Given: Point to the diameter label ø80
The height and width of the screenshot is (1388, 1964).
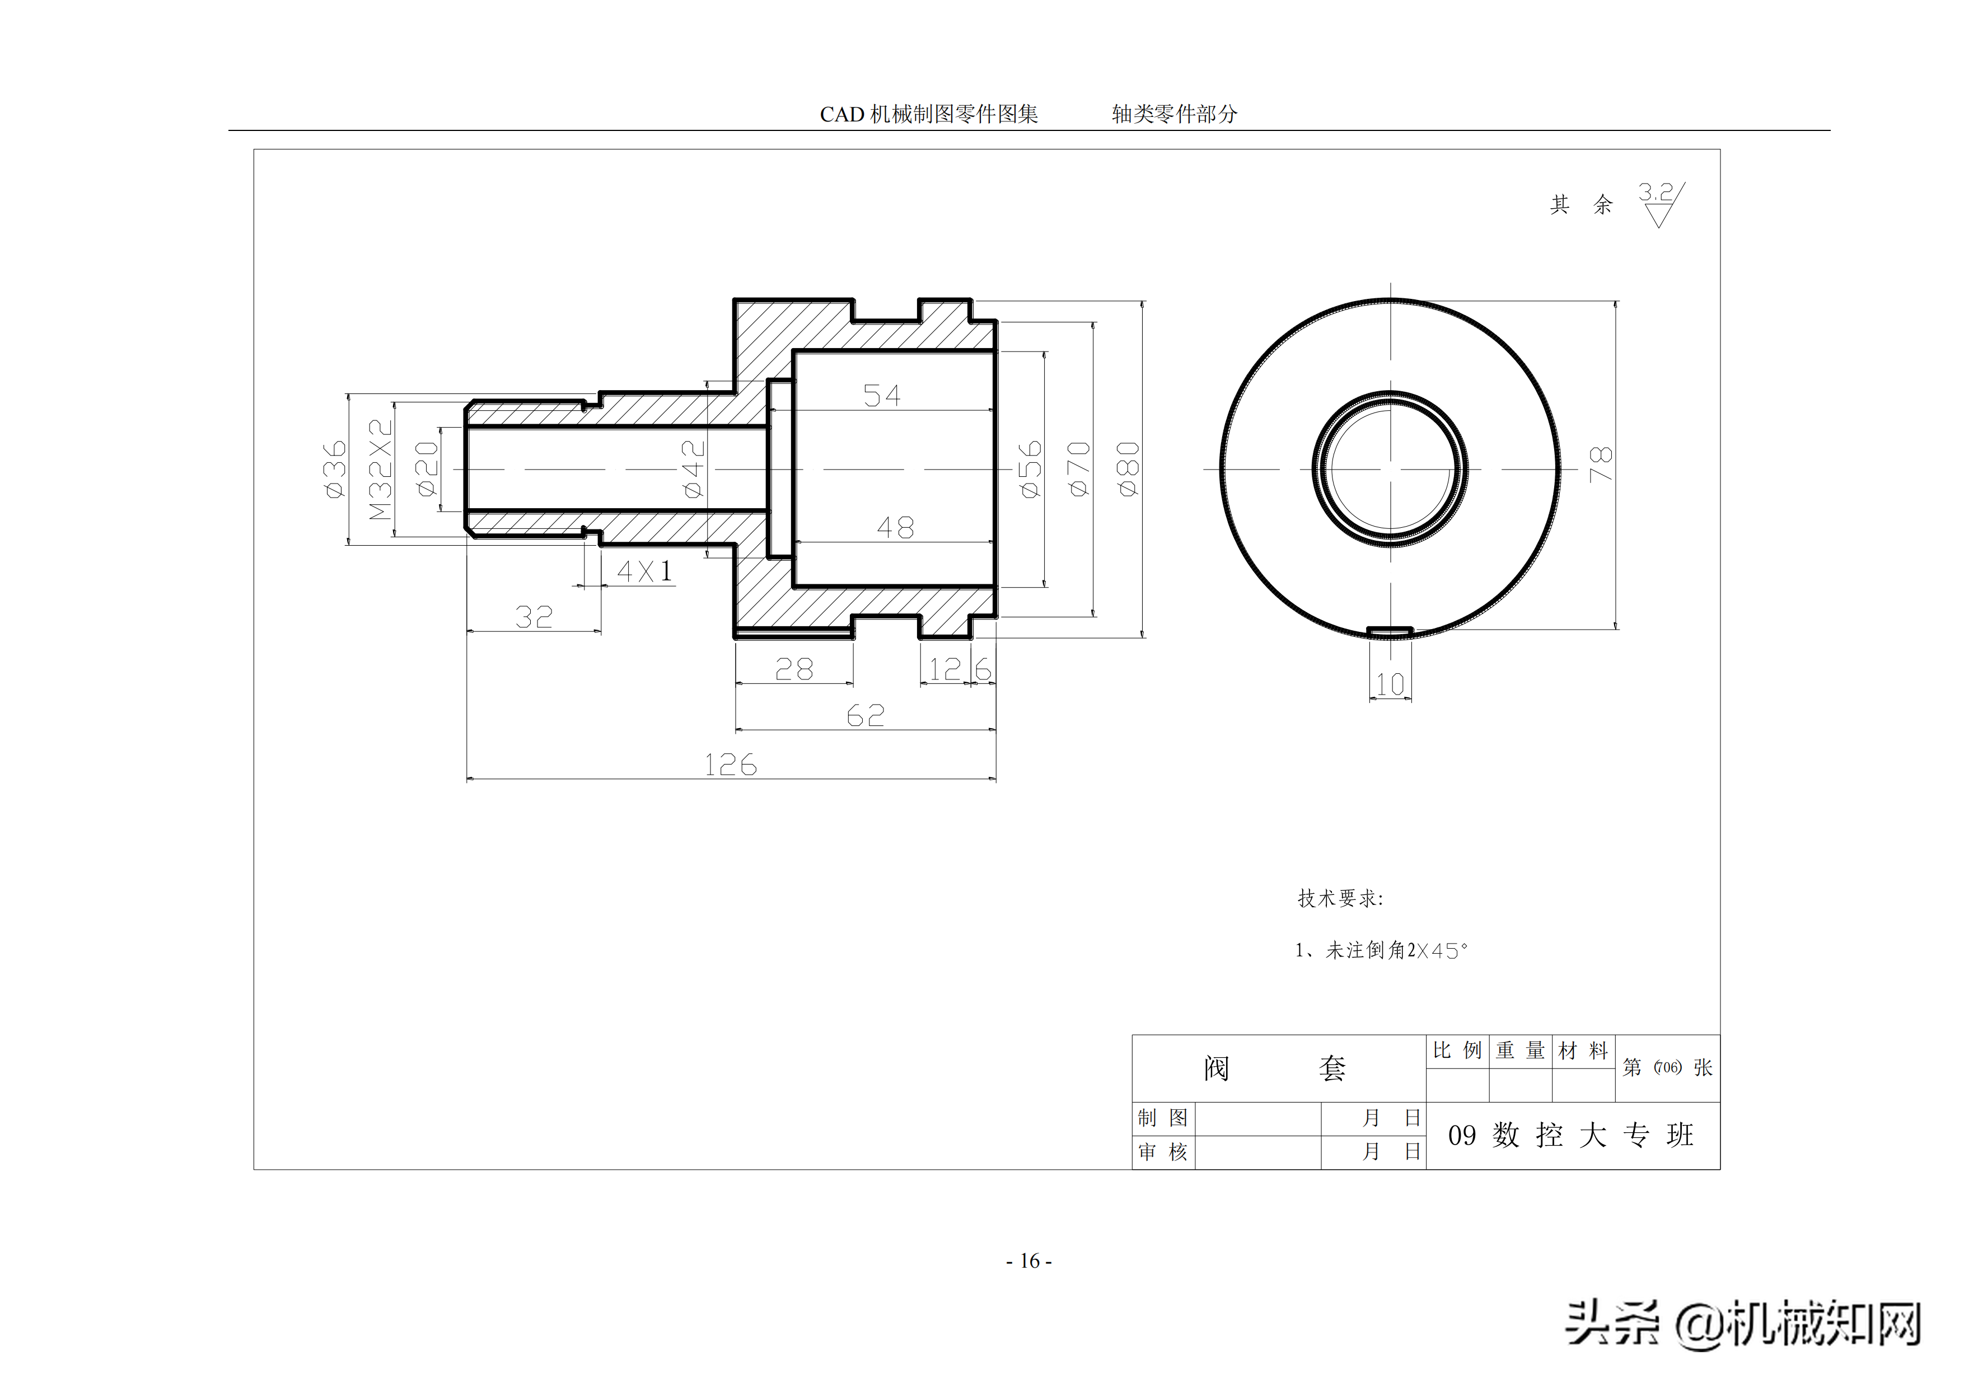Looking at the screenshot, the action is [1128, 470].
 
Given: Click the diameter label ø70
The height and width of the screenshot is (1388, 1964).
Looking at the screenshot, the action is [1079, 470].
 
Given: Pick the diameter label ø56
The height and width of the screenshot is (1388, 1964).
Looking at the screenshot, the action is [1030, 470].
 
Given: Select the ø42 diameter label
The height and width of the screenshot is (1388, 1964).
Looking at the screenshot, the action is [693, 470].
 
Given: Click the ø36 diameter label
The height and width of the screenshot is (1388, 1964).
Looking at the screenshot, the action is [334, 470].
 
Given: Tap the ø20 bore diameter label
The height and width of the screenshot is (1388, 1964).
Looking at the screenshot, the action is [426, 470].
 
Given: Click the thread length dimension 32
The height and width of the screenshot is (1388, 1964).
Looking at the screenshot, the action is [534, 617].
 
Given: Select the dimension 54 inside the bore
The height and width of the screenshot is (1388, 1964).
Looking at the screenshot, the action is [881, 396].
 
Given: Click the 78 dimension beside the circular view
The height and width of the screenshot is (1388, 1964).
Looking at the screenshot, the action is [1600, 465].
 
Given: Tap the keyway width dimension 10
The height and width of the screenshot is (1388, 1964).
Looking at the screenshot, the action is [1390, 684].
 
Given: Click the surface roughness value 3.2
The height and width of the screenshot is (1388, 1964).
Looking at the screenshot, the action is [1655, 193].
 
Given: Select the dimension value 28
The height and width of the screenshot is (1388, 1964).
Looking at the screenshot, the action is [794, 669].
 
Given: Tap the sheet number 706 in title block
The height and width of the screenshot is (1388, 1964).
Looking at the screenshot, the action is [1667, 1067].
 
